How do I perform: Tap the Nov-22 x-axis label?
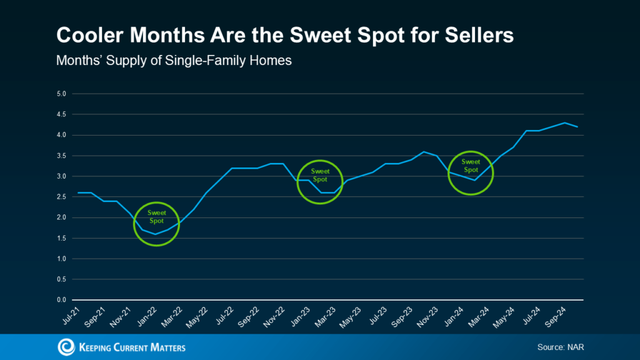[274, 315]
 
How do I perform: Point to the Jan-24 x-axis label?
[454, 315]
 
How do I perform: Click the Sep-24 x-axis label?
[556, 315]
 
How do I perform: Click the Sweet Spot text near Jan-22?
[156, 217]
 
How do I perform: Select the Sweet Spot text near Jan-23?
[320, 175]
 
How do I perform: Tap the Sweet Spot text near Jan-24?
[470, 166]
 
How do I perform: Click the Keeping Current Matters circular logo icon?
[66, 347]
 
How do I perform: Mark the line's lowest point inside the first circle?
[156, 234]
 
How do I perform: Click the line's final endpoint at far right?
[577, 127]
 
